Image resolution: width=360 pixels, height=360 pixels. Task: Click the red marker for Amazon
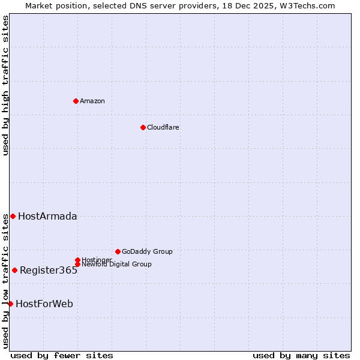(x=76, y=101)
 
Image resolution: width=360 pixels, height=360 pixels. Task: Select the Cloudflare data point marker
(x=143, y=127)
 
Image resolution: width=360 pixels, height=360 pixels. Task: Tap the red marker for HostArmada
(x=13, y=216)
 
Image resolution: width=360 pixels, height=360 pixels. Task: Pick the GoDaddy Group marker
(x=118, y=251)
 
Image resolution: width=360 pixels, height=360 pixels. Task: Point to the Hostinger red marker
(x=77, y=260)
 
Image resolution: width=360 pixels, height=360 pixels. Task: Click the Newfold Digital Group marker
(x=77, y=264)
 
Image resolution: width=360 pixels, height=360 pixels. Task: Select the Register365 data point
(x=14, y=270)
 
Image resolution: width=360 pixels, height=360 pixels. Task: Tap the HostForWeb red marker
(x=10, y=304)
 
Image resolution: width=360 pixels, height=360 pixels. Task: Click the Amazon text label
(x=92, y=101)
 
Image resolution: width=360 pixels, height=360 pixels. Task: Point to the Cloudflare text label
(x=163, y=127)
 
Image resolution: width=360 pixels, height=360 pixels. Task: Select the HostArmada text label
(x=47, y=216)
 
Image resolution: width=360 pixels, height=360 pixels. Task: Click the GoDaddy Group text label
(x=147, y=251)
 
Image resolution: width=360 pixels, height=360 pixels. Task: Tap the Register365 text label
(x=49, y=270)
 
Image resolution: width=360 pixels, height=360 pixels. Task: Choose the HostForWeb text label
(x=44, y=304)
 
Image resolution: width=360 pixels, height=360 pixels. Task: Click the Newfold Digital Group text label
(x=116, y=264)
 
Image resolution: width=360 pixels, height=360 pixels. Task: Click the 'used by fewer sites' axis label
(x=62, y=355)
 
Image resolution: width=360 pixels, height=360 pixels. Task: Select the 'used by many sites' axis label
(x=301, y=355)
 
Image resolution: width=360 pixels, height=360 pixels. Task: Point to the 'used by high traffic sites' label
(x=5, y=85)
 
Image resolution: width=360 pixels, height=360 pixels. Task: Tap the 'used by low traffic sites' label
(x=5, y=281)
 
